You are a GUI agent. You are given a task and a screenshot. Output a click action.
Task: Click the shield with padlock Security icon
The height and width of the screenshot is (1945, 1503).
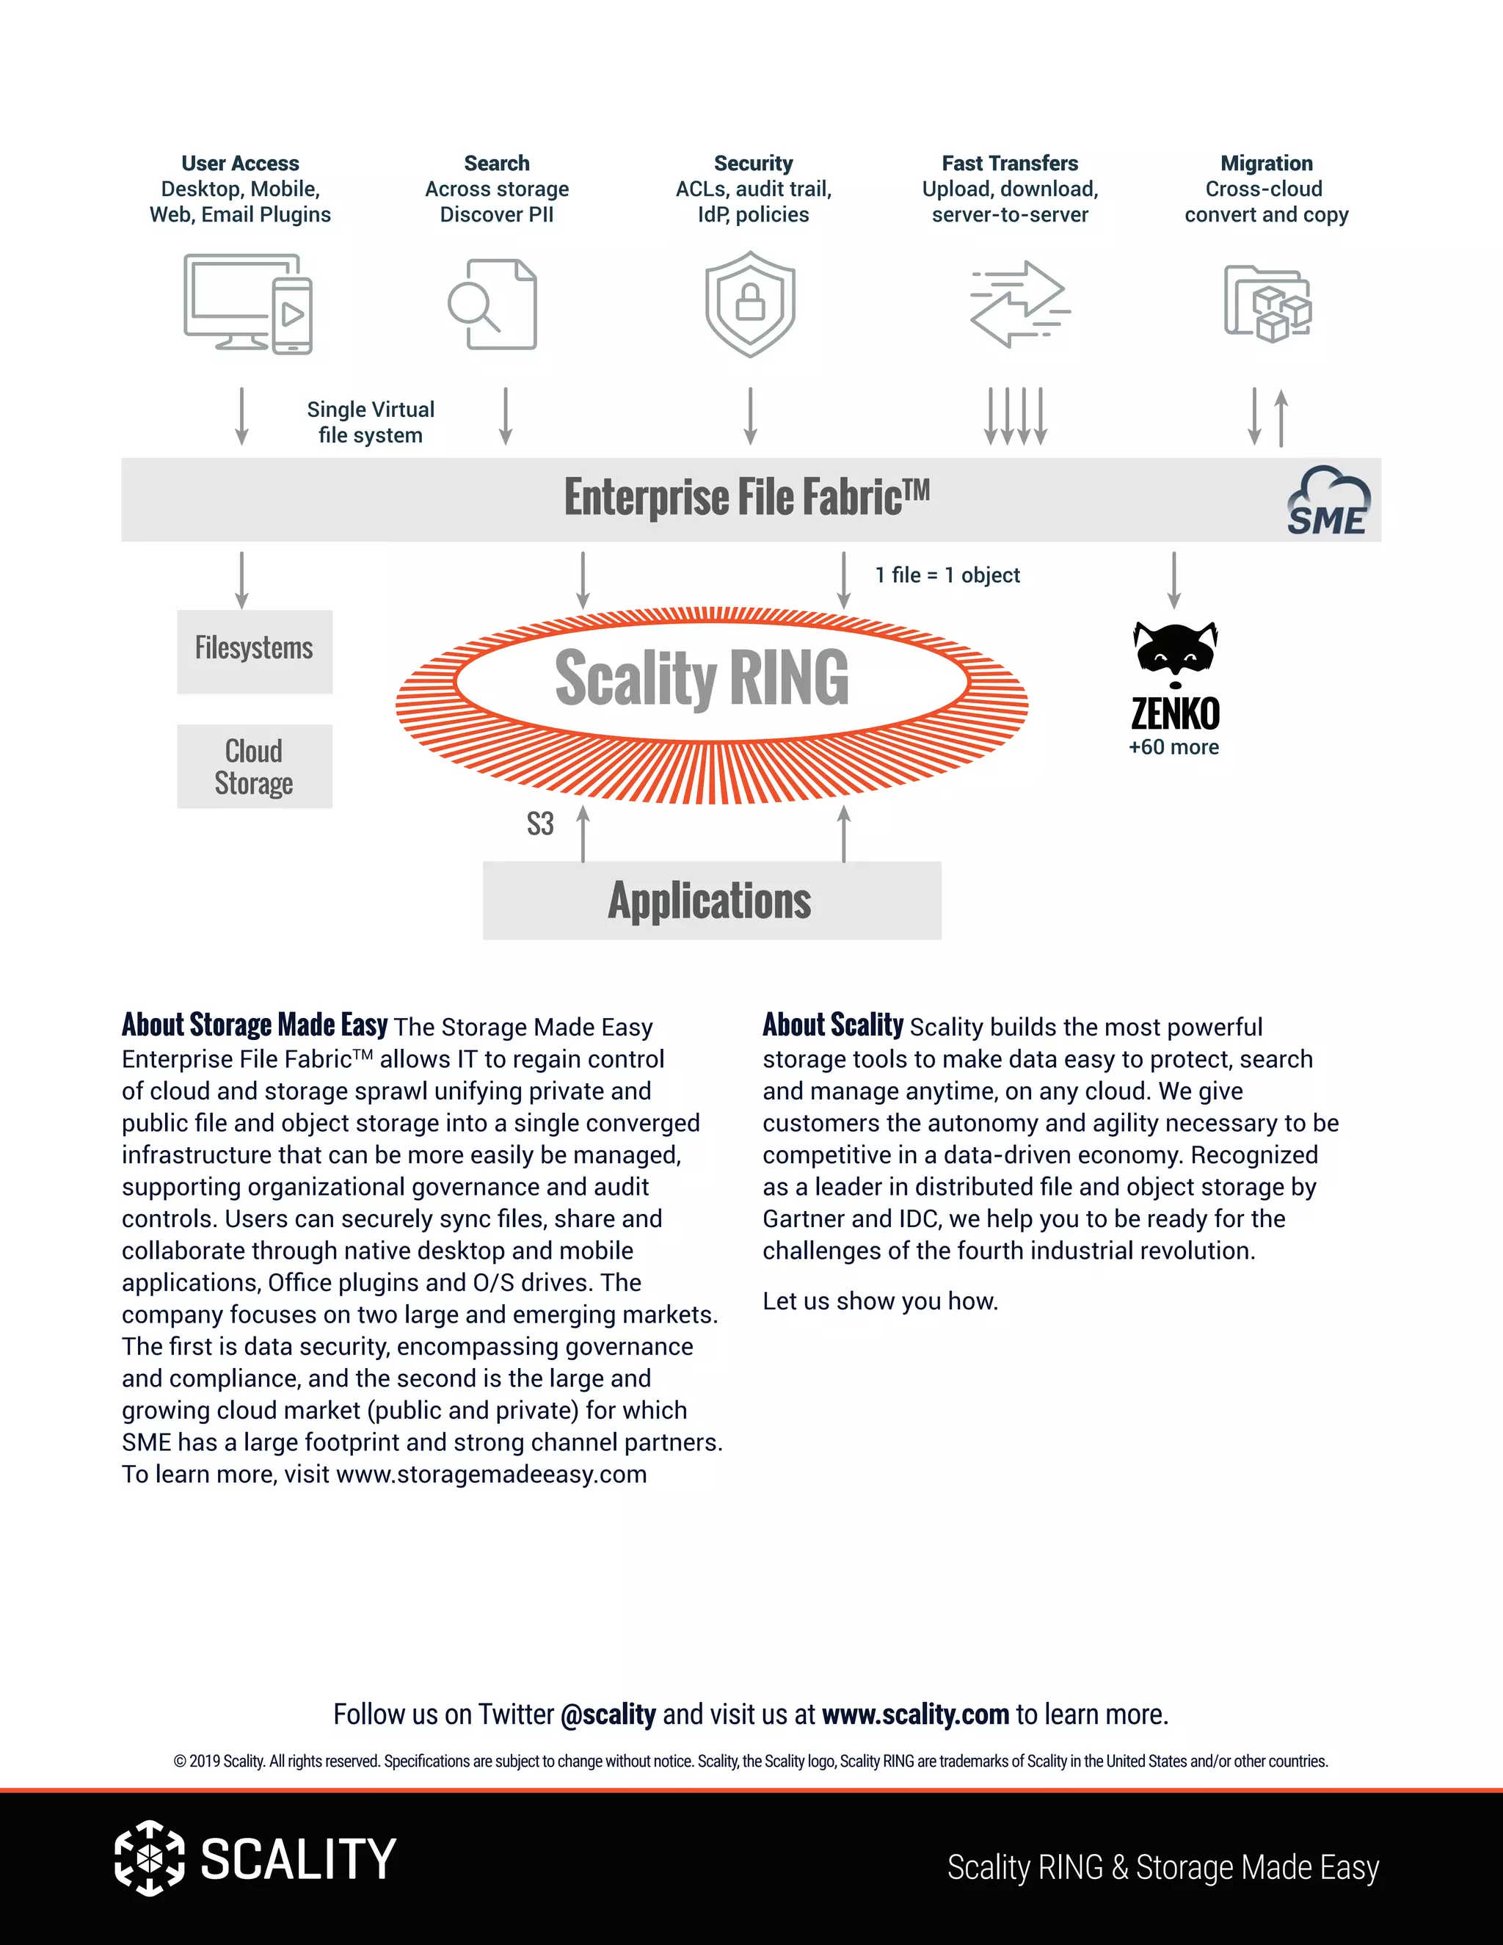click(751, 304)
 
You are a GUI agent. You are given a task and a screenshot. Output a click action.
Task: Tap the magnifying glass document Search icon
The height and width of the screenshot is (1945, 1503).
click(492, 304)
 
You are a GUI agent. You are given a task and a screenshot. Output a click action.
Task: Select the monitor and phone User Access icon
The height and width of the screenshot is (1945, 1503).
click(247, 304)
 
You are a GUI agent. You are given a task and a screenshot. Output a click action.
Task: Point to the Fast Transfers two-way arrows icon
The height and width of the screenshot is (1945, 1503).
click(1019, 304)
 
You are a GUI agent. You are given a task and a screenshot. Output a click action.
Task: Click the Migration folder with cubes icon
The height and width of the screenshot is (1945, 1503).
click(1267, 304)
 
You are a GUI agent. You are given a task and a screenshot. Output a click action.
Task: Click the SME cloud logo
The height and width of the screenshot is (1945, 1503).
click(1328, 501)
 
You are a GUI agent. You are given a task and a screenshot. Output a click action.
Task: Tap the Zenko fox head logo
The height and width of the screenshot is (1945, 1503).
click(1176, 652)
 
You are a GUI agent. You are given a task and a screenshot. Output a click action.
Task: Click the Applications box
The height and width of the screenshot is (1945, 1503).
click(711, 900)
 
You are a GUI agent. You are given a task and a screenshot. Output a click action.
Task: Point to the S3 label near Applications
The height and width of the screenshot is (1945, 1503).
click(540, 824)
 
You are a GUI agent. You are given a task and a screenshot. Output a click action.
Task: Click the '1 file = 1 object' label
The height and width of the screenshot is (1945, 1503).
click(947, 575)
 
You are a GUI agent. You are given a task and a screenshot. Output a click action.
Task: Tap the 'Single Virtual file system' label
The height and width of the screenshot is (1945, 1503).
click(371, 422)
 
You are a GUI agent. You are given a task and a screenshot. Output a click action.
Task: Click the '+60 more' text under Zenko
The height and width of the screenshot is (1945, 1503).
click(1173, 747)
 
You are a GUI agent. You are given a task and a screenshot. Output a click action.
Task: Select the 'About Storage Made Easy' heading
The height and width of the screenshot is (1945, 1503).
click(255, 1025)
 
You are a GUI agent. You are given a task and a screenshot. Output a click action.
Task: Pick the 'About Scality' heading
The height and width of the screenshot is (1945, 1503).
click(832, 1025)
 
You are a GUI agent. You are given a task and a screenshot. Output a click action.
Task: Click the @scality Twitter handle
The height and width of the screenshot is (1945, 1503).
click(608, 1715)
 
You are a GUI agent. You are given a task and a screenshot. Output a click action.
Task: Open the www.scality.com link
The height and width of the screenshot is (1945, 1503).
click(915, 1715)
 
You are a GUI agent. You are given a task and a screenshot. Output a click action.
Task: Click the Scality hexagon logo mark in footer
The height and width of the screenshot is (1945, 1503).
click(150, 1858)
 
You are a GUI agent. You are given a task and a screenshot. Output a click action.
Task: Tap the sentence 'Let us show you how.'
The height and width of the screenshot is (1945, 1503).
click(880, 1301)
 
